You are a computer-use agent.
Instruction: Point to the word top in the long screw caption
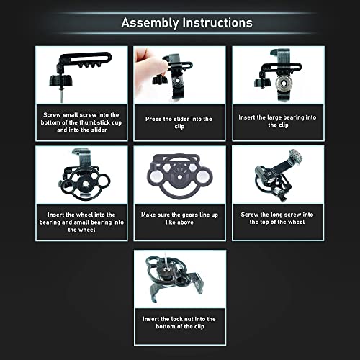tap(258, 222)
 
